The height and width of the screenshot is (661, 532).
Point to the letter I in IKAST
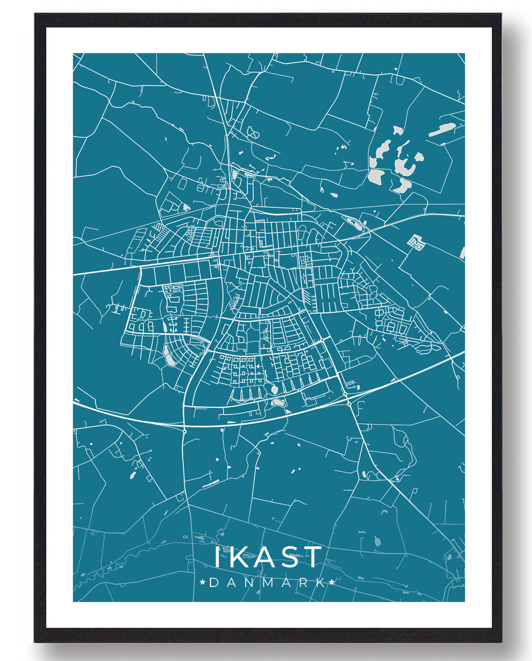[217, 557]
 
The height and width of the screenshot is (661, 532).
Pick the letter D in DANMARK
[214, 582]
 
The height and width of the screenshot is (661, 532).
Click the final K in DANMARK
[322, 582]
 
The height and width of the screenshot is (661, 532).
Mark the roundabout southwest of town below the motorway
[185, 431]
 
